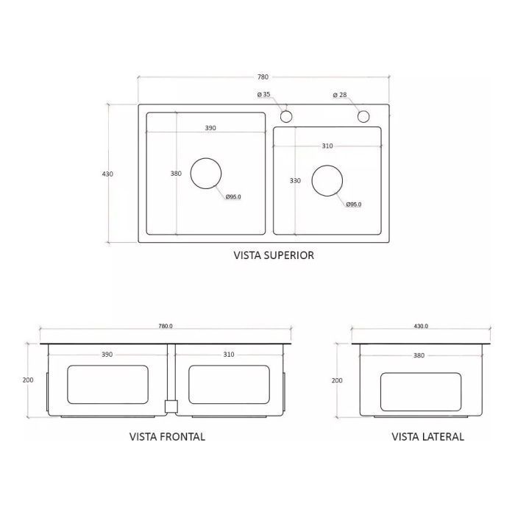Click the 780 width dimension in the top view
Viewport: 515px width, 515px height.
(x=263, y=77)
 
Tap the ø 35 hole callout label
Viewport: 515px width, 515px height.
(x=263, y=95)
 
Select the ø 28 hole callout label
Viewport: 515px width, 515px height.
(x=340, y=95)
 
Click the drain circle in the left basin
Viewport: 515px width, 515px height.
(x=206, y=158)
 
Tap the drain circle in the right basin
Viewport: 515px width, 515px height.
(x=327, y=166)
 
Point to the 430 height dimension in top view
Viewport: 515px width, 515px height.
(x=107, y=174)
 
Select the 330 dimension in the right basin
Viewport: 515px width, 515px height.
(x=295, y=181)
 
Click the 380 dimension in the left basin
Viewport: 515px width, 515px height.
(x=176, y=174)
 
